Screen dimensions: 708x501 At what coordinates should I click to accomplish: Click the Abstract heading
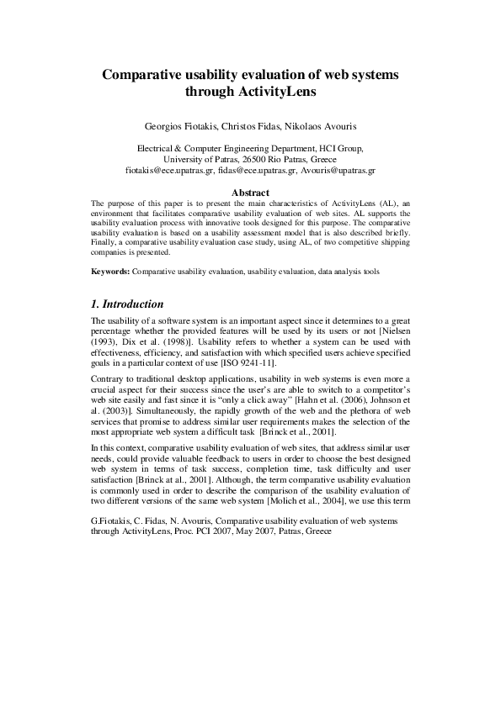click(250, 193)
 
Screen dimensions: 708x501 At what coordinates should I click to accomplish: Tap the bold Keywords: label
click(110, 273)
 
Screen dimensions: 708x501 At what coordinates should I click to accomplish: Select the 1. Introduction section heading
click(126, 304)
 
